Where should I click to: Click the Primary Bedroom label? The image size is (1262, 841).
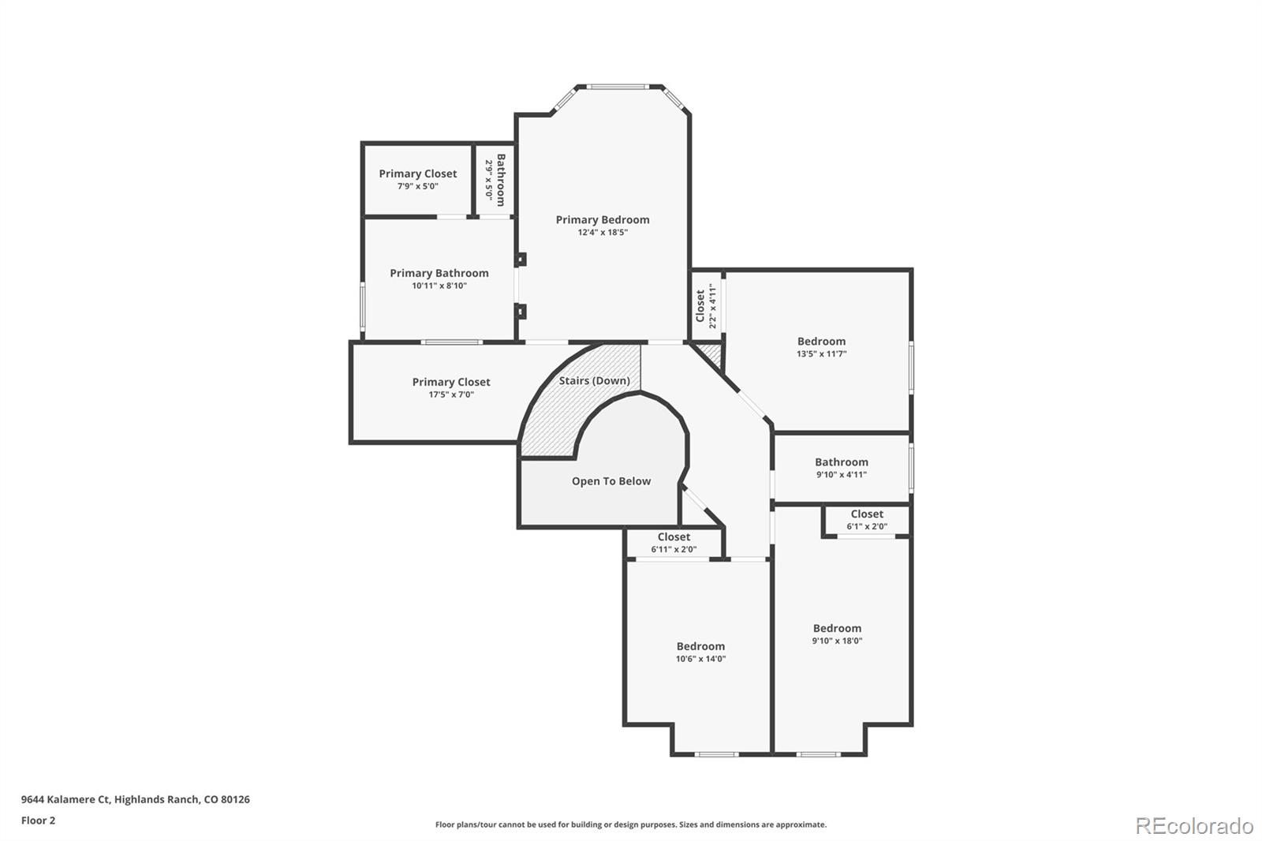(x=602, y=220)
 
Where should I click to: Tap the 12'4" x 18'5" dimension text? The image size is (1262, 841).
(x=602, y=233)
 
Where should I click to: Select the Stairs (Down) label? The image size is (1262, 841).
(x=594, y=380)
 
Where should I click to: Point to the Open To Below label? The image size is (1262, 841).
(x=611, y=481)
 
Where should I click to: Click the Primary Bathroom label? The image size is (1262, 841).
(x=439, y=273)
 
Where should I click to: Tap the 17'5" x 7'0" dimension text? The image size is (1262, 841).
(x=450, y=394)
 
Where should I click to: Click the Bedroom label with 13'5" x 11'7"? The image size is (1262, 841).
(x=821, y=342)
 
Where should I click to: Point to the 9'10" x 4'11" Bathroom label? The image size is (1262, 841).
(x=841, y=462)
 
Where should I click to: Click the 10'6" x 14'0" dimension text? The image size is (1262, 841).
(x=700, y=659)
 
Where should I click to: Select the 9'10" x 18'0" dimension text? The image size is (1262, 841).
(x=837, y=641)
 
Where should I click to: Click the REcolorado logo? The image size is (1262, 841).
(x=1193, y=826)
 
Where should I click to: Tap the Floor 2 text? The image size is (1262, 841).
(x=38, y=820)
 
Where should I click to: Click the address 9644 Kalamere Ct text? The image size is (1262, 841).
(x=135, y=799)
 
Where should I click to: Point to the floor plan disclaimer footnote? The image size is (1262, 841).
(x=631, y=824)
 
